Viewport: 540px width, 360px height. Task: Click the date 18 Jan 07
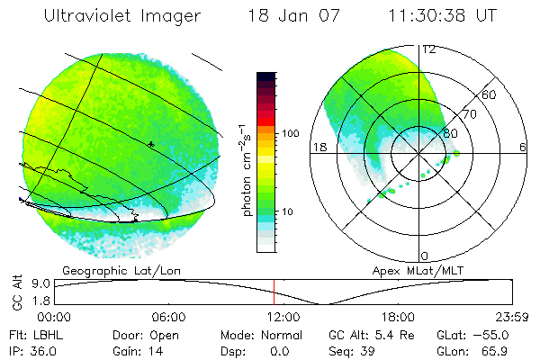288,16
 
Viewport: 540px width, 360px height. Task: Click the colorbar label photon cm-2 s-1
244,169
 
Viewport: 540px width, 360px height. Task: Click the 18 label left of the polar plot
318,146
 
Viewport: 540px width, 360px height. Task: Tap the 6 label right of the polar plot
523,146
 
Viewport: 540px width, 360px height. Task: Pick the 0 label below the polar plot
425,256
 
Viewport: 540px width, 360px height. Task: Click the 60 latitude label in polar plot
490,94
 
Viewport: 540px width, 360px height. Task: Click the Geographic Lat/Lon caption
106,269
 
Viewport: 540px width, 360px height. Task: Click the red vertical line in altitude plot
274,292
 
